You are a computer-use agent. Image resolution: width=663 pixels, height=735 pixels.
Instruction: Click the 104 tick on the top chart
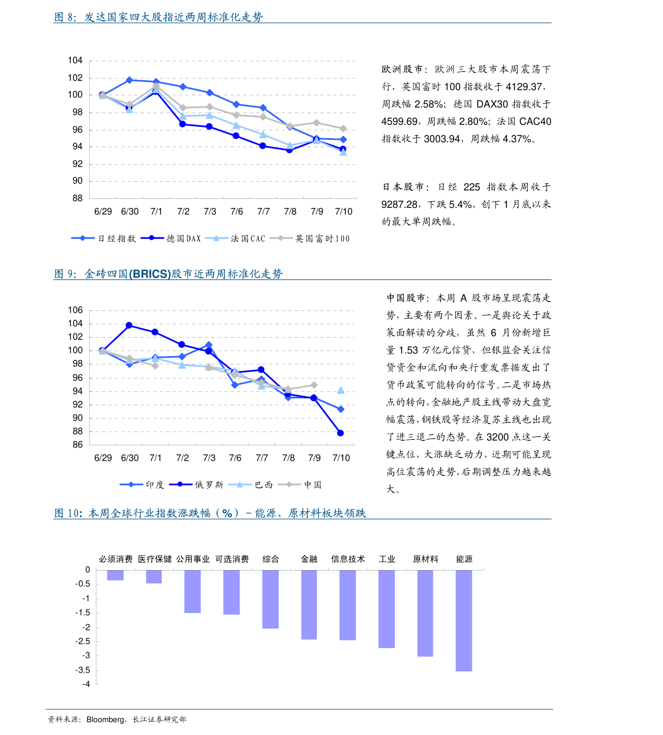click(75, 60)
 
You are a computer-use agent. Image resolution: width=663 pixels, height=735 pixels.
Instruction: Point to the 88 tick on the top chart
click(77, 198)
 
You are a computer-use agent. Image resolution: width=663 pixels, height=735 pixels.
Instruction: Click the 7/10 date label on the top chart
click(344, 212)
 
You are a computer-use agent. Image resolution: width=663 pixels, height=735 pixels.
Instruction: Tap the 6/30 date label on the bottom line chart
click(130, 458)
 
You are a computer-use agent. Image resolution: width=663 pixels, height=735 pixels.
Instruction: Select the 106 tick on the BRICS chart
click(75, 310)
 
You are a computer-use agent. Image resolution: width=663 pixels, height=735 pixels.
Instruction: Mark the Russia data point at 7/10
click(340, 433)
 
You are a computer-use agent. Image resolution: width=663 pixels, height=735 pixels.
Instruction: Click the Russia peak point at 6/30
click(129, 325)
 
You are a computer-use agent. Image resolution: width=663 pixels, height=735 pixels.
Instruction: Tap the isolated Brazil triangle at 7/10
click(341, 391)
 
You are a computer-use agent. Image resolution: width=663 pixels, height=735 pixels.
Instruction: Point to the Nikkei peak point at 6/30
click(129, 80)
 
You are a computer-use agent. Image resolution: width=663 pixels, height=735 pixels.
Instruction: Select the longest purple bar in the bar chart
click(464, 620)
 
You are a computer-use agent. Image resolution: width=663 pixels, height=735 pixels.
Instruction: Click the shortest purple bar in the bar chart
click(115, 575)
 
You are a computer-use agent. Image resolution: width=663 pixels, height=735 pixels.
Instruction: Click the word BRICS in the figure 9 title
click(150, 274)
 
